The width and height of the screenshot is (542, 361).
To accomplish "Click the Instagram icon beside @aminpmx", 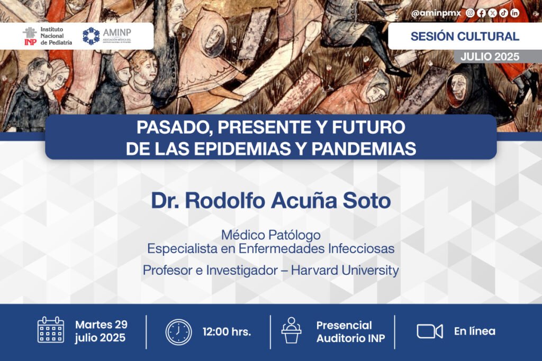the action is [x=470, y=13].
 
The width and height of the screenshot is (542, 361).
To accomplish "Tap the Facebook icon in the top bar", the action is [x=481, y=13].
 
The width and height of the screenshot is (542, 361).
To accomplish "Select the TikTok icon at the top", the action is [x=504, y=13].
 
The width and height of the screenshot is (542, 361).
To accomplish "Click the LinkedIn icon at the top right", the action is [x=514, y=13].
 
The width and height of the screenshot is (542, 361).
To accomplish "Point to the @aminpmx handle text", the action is [x=436, y=13].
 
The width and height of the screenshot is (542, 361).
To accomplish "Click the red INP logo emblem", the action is [x=30, y=36].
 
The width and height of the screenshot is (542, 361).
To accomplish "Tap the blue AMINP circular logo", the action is [x=91, y=36].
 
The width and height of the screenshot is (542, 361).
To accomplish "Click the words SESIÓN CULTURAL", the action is [x=465, y=36].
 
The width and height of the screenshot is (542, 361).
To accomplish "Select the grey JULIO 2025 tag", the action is [x=490, y=57].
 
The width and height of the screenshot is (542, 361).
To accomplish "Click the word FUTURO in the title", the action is [x=368, y=127].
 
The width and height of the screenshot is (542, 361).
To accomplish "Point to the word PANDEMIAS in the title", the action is [x=364, y=149].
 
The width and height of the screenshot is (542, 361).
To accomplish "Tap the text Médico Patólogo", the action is [x=271, y=235].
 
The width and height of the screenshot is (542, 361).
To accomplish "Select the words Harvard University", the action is [x=345, y=270].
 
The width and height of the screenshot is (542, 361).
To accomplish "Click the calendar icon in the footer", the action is [x=51, y=330].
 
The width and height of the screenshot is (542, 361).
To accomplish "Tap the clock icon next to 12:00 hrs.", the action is [x=178, y=332].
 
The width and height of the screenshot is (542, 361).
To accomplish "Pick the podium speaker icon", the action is [x=292, y=330].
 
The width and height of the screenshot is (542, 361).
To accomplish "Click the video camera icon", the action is [x=430, y=331].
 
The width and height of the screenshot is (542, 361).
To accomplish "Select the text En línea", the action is [x=475, y=331].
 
